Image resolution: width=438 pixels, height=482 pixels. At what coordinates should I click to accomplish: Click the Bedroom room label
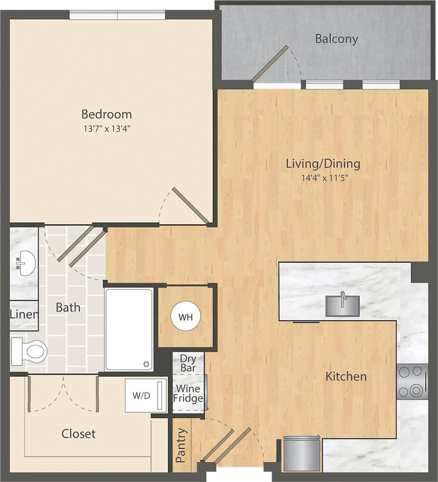coord(106,114)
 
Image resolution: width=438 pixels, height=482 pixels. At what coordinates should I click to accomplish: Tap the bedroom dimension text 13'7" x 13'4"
coord(107,129)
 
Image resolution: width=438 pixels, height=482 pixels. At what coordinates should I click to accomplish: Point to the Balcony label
coord(336,39)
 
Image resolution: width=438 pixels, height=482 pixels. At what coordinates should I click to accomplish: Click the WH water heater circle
coord(186,317)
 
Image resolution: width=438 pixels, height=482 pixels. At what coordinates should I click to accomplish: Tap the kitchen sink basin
coord(343,306)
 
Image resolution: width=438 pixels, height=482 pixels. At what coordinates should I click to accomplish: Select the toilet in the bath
coord(29,351)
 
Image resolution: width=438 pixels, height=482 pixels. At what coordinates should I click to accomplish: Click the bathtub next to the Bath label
coord(129,330)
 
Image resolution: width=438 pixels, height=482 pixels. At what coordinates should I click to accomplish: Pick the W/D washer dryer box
coord(146,395)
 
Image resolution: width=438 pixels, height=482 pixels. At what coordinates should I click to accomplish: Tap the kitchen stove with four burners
coord(412,381)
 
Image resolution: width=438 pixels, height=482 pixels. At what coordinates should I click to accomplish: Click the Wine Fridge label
coord(188,393)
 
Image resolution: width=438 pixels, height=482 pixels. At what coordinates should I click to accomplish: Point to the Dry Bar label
coord(188,363)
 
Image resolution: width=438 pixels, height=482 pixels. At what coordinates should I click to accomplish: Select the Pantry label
coord(181,445)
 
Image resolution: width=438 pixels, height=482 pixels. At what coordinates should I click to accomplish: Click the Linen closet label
coord(24,314)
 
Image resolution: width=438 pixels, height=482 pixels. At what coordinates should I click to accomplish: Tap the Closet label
coord(79,434)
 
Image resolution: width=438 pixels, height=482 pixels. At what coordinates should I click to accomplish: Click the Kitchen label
coord(346,376)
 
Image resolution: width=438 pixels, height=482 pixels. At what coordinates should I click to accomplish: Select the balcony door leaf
coord(270,64)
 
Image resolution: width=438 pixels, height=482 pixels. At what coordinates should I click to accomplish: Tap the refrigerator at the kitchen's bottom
coord(302,454)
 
